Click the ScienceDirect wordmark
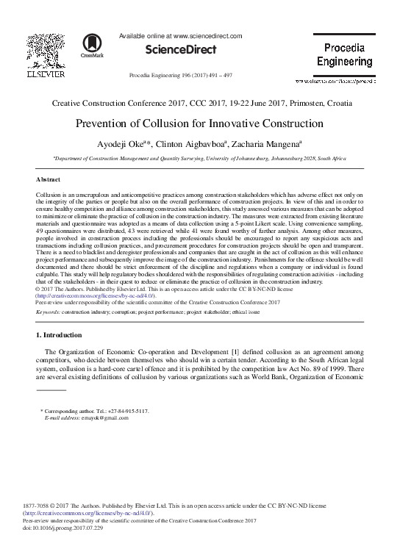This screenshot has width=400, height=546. pos(181,50)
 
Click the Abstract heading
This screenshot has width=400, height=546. pos(49,179)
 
